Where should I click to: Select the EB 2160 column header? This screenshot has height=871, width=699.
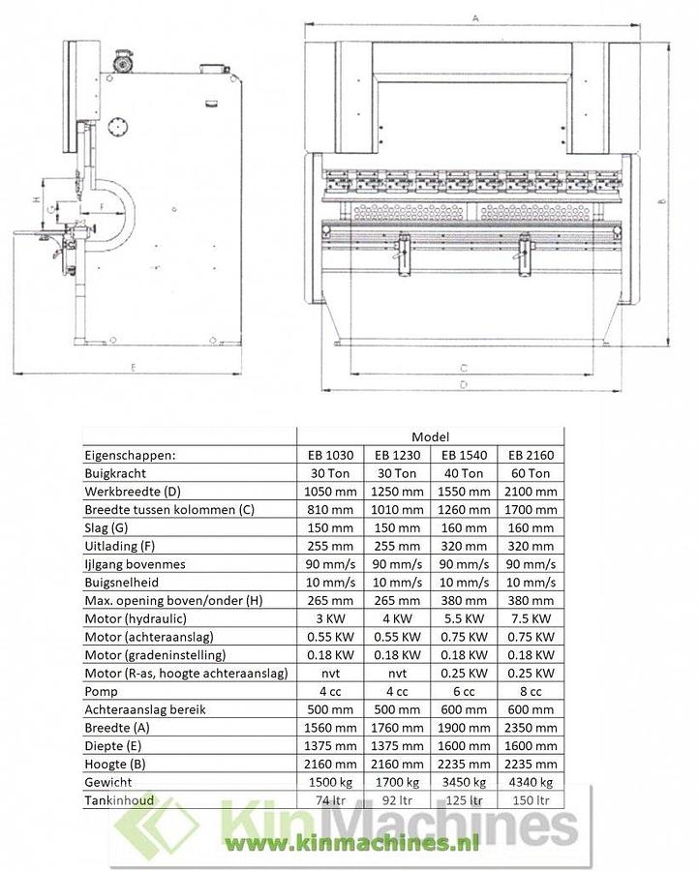(530, 454)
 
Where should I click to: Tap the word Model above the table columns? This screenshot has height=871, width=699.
(429, 436)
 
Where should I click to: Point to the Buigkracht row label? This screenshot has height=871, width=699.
(119, 473)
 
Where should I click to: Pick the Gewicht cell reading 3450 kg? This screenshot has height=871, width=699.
(463, 783)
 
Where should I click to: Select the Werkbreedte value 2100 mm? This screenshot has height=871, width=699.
(530, 492)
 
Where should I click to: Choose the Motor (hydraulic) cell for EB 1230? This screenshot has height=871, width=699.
(396, 618)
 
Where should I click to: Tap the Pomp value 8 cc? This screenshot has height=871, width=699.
(530, 691)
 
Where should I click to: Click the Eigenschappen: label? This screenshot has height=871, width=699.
(131, 455)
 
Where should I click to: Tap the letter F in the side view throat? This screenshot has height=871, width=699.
(102, 206)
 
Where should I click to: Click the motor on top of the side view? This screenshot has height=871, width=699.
(123, 57)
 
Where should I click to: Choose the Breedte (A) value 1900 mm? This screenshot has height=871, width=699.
(463, 728)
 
